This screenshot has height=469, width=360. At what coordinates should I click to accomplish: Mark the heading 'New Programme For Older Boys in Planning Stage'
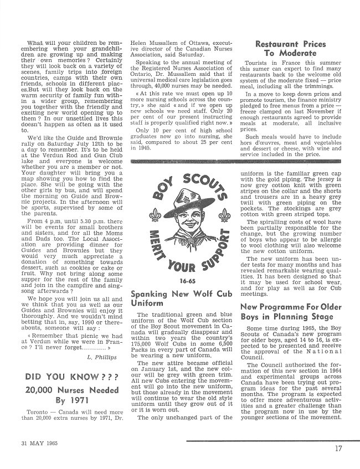tap(290, 312)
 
